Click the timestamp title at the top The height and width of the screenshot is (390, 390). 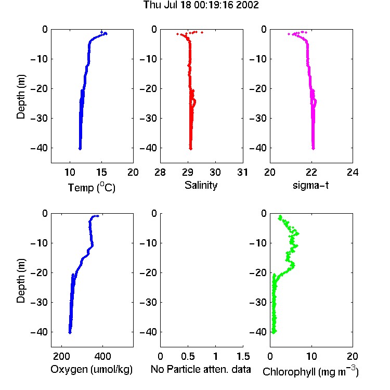point(201,5)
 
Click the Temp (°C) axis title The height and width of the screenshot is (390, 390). point(92,187)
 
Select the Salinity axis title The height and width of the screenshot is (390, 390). point(201,185)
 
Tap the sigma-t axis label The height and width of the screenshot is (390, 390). point(310,185)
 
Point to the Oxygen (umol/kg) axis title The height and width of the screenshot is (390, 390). point(92,369)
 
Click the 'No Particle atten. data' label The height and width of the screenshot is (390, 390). point(201,369)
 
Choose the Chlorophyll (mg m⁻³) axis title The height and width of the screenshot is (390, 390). point(310,371)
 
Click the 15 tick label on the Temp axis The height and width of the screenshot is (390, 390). point(101,172)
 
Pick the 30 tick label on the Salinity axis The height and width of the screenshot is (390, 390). point(215,172)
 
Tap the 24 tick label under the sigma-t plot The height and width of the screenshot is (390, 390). point(353,172)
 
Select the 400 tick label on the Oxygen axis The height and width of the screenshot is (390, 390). point(102,356)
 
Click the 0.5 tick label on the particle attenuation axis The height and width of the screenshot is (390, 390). point(188,356)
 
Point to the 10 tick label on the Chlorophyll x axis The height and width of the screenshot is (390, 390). point(311,356)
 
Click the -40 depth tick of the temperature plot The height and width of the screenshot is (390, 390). point(39,148)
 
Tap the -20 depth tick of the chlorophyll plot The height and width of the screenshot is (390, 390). point(258,272)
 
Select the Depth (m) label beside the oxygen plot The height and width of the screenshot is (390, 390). point(21,281)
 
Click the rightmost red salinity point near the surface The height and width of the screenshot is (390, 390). point(202,32)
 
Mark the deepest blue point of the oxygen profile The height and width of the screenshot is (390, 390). point(70,333)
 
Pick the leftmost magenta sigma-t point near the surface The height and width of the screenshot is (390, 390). point(289,34)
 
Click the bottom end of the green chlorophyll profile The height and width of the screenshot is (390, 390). point(274,332)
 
